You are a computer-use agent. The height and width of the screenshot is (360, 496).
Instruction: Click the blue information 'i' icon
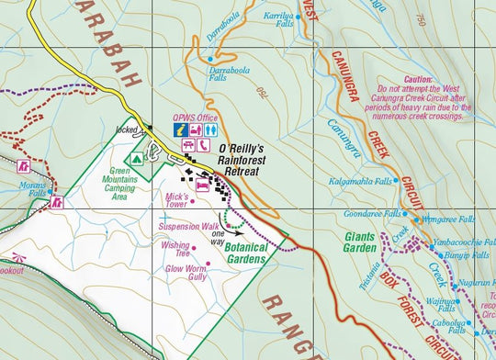[183, 131]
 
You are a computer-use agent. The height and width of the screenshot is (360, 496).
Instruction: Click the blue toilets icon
[211, 131]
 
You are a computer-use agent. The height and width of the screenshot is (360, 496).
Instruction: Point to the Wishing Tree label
[175, 249]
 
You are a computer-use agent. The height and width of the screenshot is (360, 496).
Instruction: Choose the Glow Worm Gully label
[185, 272]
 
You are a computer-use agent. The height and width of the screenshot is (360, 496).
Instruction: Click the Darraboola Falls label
[204, 73]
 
